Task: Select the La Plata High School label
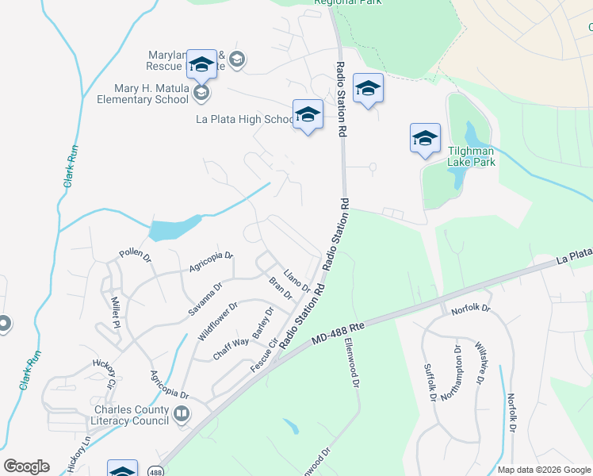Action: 245,120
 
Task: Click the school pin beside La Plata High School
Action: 308,115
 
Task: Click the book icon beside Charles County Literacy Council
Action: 182,414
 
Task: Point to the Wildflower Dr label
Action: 217,321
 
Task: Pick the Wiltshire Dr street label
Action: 480,363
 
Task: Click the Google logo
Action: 27,466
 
